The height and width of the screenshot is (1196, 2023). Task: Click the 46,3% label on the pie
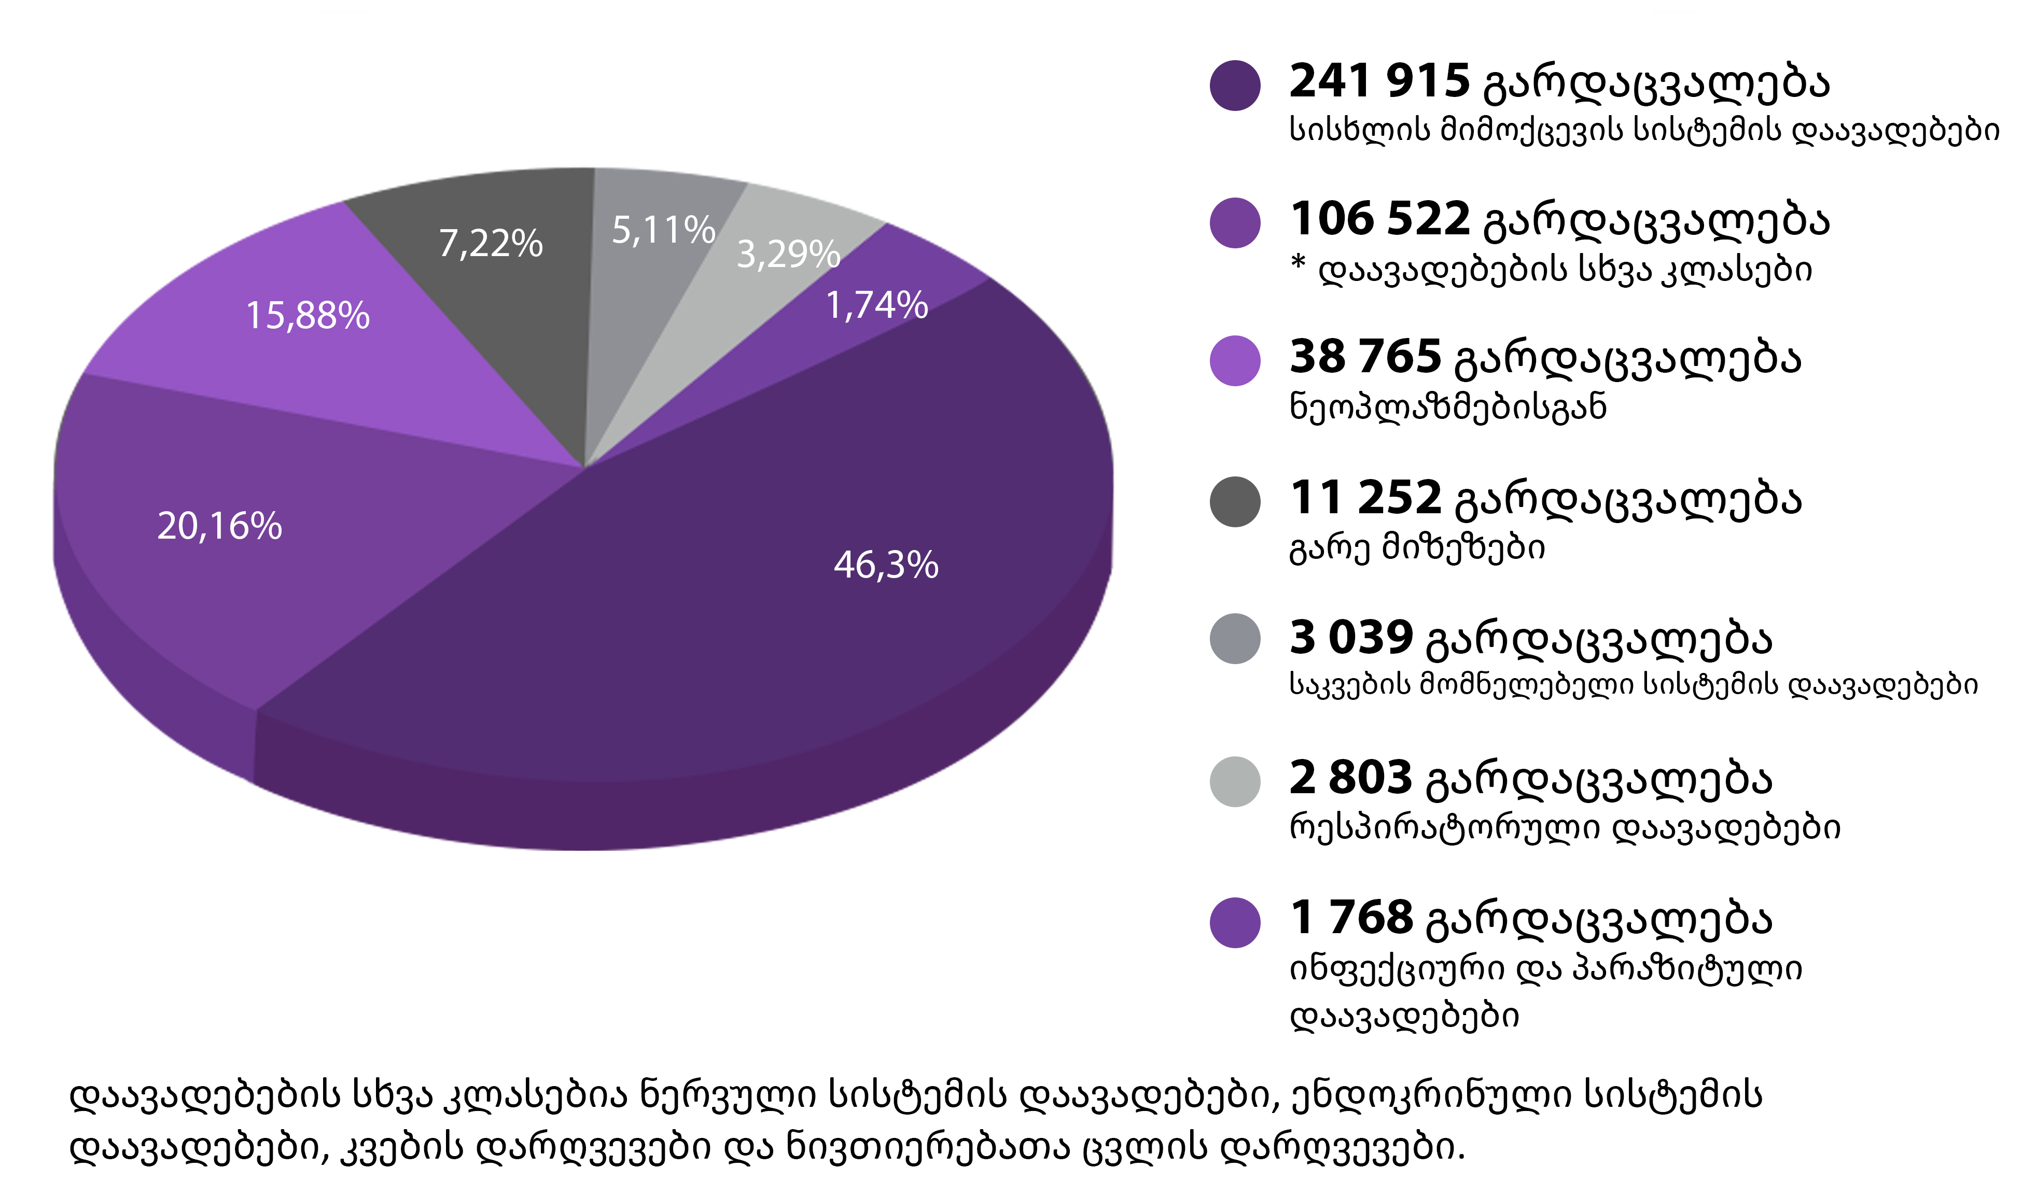coord(886,565)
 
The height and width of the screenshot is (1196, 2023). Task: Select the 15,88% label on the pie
coord(307,315)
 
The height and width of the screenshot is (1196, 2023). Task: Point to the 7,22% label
coord(490,243)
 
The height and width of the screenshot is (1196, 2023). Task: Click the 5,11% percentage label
coord(663,231)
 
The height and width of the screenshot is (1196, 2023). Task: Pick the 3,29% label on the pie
coord(788,254)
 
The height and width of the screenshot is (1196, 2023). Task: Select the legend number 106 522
coord(1380,219)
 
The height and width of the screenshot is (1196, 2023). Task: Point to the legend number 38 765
coord(1365,357)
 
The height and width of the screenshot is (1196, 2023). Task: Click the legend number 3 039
coord(1351,638)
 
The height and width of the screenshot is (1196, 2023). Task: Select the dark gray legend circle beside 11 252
coord(1235,501)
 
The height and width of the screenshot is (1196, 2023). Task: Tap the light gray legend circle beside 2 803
coord(1235,781)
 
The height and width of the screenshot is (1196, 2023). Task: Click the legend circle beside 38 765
coord(1235,360)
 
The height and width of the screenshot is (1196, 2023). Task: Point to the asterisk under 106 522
coord(1297,263)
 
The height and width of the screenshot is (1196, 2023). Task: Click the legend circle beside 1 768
coord(1235,922)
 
